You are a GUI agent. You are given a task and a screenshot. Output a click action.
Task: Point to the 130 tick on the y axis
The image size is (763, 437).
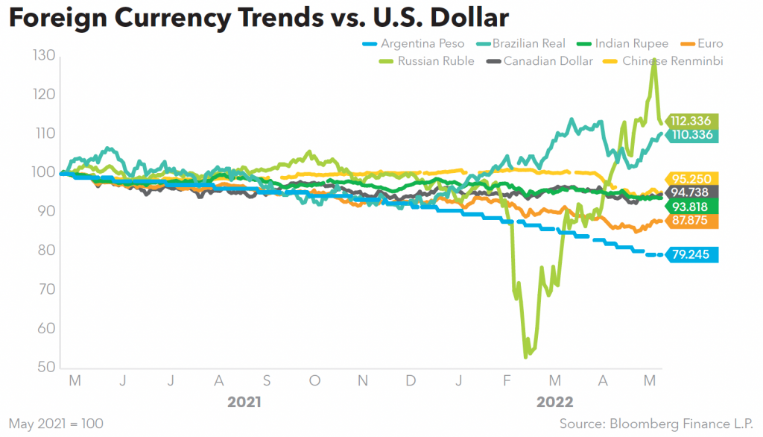click(44, 55)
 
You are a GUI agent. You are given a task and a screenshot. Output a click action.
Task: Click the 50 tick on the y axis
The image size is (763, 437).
click(44, 368)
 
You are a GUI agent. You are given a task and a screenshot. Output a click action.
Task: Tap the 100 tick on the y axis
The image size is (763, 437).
click(44, 172)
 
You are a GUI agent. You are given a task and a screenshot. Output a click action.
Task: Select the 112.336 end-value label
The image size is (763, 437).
click(691, 121)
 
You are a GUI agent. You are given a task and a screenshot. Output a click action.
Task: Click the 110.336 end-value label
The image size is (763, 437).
click(691, 135)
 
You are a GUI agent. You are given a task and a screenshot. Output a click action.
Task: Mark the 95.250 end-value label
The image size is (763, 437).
click(691, 178)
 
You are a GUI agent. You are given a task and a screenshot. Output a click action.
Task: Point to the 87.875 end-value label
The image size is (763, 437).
click(691, 221)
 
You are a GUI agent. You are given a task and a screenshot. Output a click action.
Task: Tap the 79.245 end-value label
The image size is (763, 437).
click(691, 255)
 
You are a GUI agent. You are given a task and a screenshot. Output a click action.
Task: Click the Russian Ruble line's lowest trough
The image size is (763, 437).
click(526, 357)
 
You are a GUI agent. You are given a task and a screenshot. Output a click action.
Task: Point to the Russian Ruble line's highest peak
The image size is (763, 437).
click(654, 59)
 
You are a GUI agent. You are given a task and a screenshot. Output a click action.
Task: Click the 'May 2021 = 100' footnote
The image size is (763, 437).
click(56, 424)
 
